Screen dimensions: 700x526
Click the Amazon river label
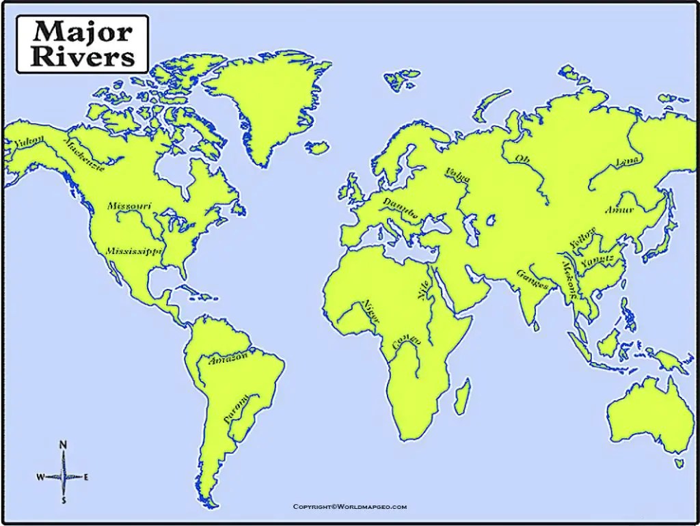(x=229, y=359)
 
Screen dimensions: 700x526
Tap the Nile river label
(x=424, y=290)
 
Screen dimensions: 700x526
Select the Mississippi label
(x=134, y=251)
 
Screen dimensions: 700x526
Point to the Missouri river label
(x=129, y=206)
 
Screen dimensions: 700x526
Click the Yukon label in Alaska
(x=31, y=142)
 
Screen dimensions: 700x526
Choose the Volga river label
(x=458, y=175)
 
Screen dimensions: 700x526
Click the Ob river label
(x=522, y=159)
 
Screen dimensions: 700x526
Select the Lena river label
(x=628, y=161)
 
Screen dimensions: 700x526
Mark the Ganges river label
(x=532, y=279)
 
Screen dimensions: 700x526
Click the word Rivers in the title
(x=83, y=56)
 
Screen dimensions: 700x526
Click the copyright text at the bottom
(x=349, y=506)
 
